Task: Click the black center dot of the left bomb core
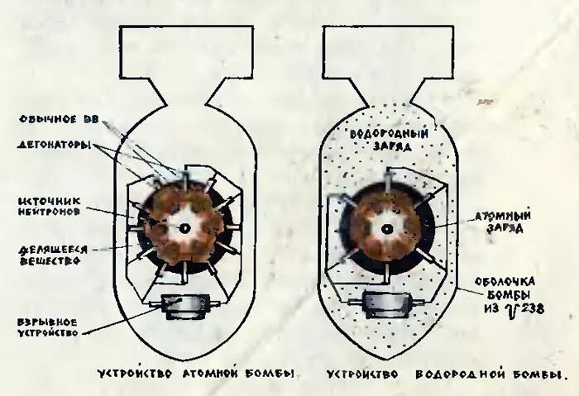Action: (184, 227)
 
